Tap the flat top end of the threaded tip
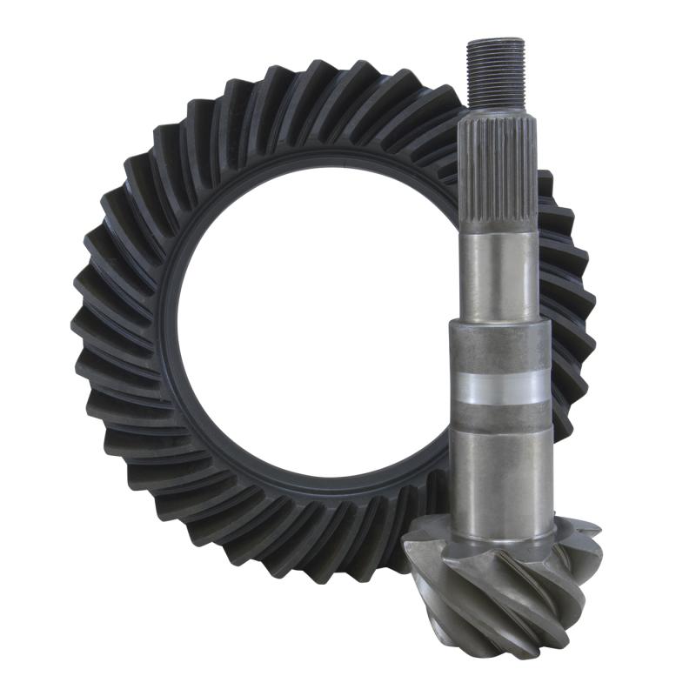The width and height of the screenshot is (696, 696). pyautogui.click(x=495, y=40)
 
